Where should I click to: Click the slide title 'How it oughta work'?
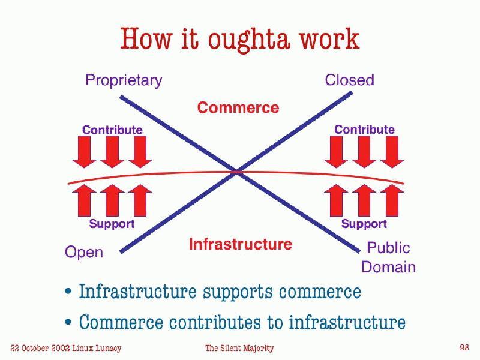point(240,39)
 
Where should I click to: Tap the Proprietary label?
point(124,80)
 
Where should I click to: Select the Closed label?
point(349,80)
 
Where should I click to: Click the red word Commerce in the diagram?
point(238,108)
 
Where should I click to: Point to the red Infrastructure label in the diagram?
point(241,244)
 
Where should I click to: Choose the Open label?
point(84,253)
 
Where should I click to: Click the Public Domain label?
point(388,257)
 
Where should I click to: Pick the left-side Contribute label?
point(112,130)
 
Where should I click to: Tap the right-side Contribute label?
point(364,130)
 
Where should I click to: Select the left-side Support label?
point(112,224)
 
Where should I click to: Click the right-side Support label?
point(364,224)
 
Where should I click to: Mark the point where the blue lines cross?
point(237,172)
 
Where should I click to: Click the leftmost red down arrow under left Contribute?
point(85,152)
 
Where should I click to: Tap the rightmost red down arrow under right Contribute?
point(392,152)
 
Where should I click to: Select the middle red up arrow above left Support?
point(112,200)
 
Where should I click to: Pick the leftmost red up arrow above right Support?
point(336,200)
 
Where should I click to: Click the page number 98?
point(464,347)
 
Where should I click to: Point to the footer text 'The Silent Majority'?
point(239,348)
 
